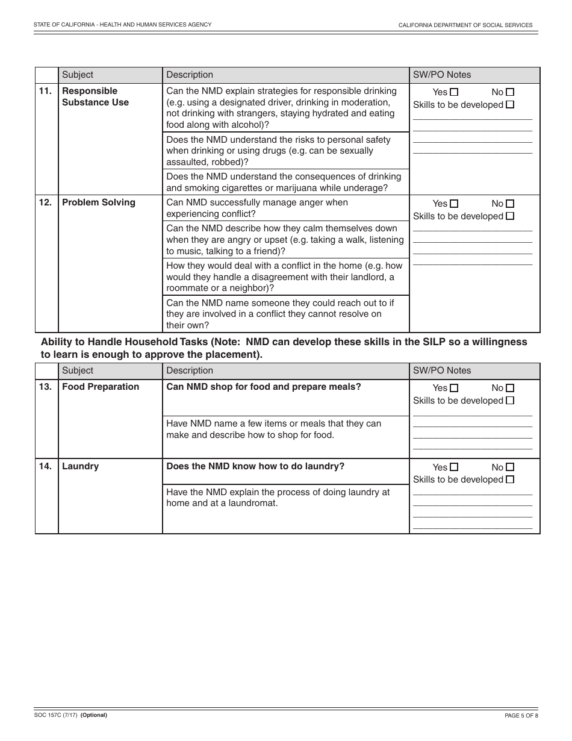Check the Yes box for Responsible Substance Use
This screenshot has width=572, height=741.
pyautogui.click(x=454, y=92)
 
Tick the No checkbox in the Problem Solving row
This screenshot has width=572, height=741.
pyautogui.click(x=510, y=204)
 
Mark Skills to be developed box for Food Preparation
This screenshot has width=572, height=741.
pyautogui.click(x=510, y=400)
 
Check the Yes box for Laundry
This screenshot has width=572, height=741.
pyautogui.click(x=454, y=467)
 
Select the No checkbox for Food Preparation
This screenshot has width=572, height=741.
pyautogui.click(x=510, y=388)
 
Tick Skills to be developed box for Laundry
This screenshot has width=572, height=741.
pyautogui.click(x=510, y=480)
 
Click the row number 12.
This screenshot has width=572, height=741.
pyautogui.click(x=45, y=202)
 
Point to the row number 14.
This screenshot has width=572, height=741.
pyautogui.click(x=45, y=466)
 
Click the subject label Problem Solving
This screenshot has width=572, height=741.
pyautogui.click(x=99, y=202)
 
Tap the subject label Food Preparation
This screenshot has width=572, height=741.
pyautogui.click(x=101, y=387)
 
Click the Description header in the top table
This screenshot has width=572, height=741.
pyautogui.click(x=190, y=75)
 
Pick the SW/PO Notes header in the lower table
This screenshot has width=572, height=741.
pyautogui.click(x=442, y=370)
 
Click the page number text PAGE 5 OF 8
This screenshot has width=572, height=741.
pyautogui.click(x=521, y=716)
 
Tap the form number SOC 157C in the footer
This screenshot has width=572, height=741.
pyautogui.click(x=50, y=715)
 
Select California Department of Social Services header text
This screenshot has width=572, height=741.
pyautogui.click(x=465, y=25)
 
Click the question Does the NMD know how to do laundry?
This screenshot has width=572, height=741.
pyautogui.click(x=255, y=466)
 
